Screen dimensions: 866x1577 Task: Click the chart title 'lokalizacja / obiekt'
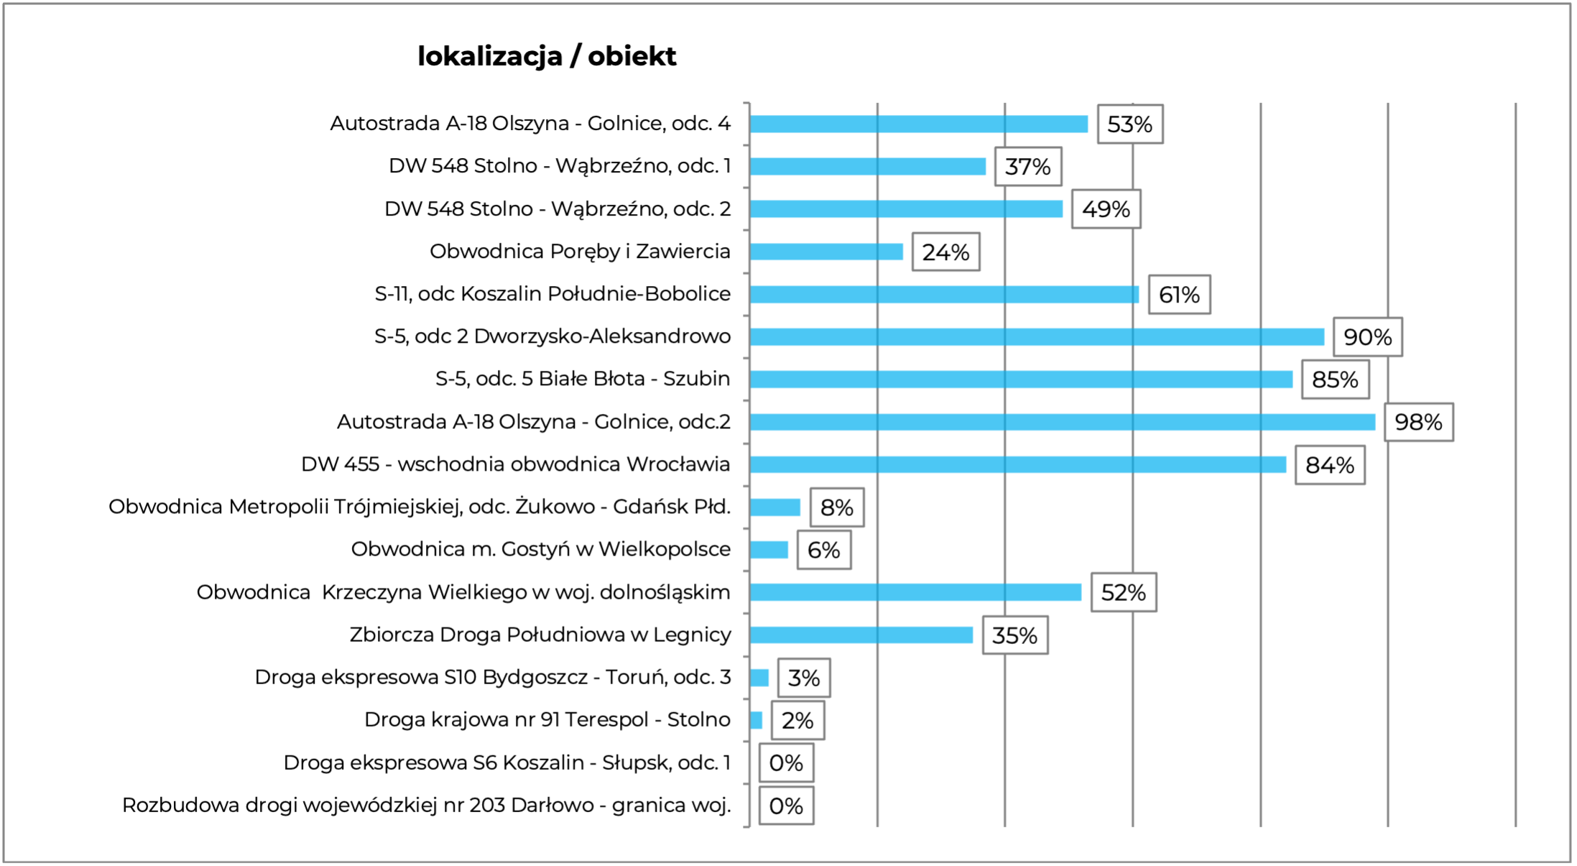point(547,56)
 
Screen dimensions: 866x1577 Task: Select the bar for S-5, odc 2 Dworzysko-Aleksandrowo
point(1037,336)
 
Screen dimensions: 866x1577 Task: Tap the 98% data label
point(1418,422)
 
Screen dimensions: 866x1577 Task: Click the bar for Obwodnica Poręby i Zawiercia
point(826,252)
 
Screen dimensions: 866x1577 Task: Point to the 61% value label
point(1179,295)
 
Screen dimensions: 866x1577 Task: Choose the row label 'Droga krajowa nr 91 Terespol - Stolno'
point(547,719)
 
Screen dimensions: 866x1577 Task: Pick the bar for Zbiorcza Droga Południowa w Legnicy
point(861,635)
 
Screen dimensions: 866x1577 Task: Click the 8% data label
point(836,507)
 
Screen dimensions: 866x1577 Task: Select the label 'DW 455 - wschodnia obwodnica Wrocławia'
point(515,464)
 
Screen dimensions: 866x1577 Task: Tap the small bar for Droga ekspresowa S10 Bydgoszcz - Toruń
point(759,678)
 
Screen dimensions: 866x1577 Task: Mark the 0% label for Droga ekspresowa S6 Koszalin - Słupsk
point(786,763)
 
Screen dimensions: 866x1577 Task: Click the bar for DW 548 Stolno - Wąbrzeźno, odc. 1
point(868,167)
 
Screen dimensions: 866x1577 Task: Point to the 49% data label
point(1106,209)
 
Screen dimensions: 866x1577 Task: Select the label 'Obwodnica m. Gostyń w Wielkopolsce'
point(540,549)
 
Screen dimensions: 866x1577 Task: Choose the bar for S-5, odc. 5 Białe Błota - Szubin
point(1021,379)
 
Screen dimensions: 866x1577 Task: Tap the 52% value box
point(1123,592)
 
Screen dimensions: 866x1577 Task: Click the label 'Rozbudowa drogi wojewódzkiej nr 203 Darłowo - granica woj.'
point(426,805)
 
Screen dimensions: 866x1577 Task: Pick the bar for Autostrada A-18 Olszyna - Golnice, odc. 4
point(918,124)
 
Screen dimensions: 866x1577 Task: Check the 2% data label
point(797,720)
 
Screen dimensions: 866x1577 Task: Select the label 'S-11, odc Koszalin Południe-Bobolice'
point(552,294)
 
